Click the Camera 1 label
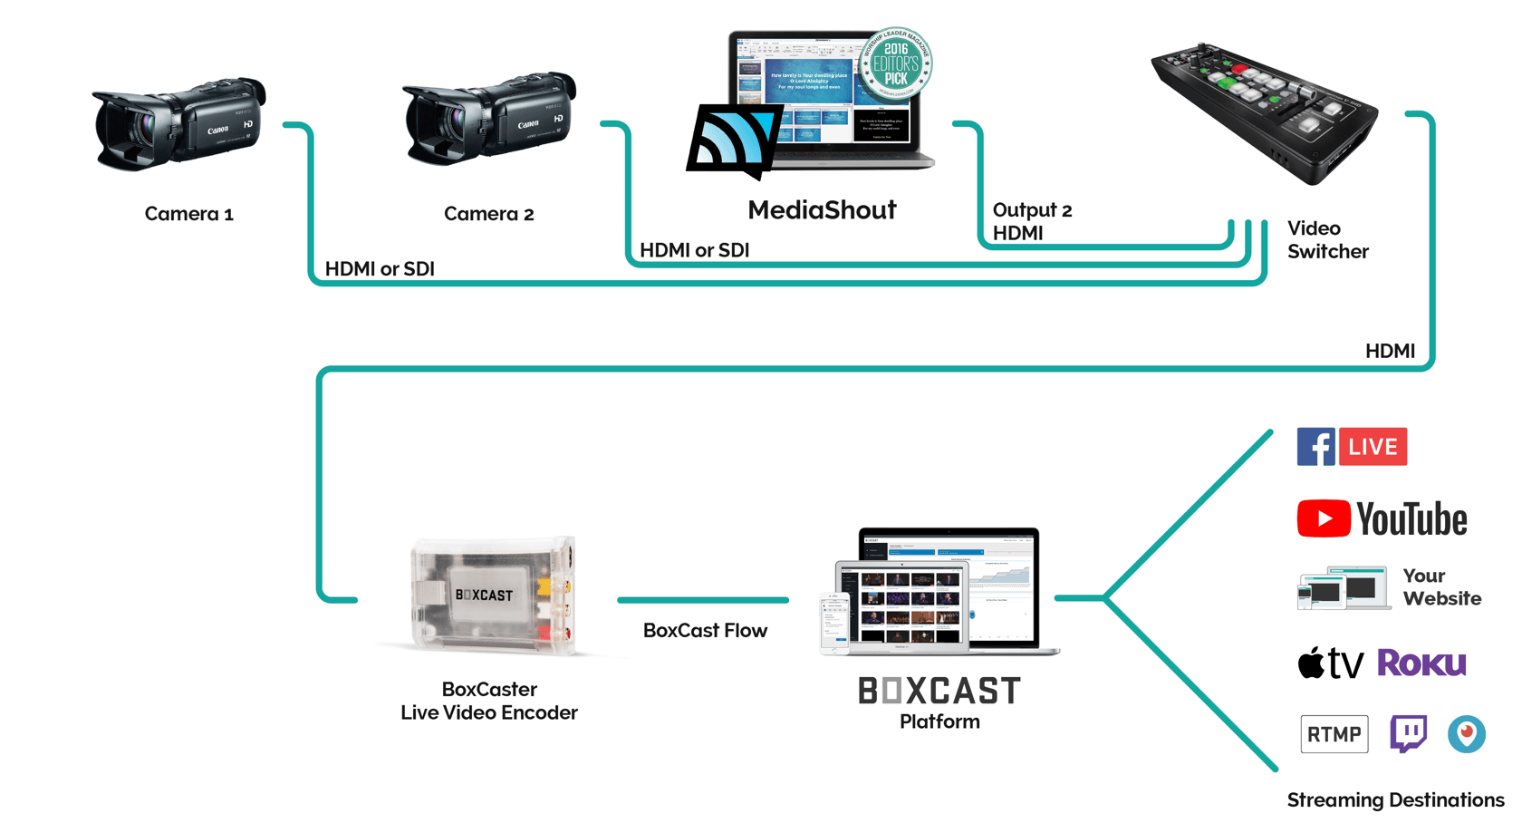(x=188, y=214)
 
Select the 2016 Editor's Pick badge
(x=895, y=63)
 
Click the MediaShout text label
(x=822, y=210)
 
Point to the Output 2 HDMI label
(x=1031, y=221)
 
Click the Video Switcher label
(x=1327, y=240)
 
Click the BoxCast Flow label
(x=705, y=631)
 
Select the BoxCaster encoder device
(x=489, y=595)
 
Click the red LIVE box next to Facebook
(x=1373, y=447)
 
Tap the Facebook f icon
(x=1315, y=447)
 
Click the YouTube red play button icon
(x=1323, y=518)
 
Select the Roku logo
(x=1421, y=663)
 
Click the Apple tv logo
(x=1330, y=663)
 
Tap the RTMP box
(x=1334, y=734)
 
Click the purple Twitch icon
(x=1408, y=733)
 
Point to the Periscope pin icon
(x=1466, y=733)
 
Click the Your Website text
(x=1440, y=587)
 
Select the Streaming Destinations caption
(x=1395, y=800)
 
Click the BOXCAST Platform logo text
(x=939, y=692)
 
